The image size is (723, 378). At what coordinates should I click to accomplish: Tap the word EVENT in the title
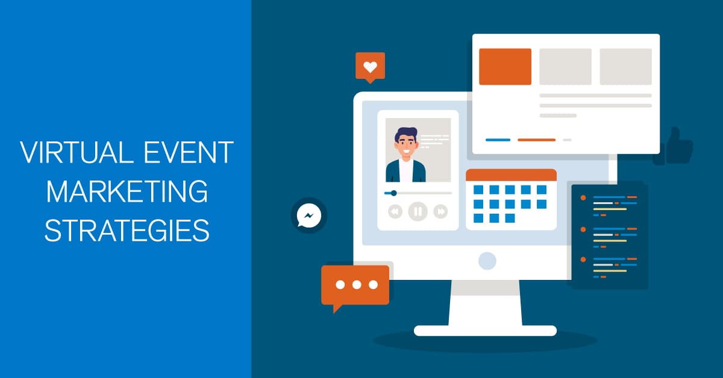189,152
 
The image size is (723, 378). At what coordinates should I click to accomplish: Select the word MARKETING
127,191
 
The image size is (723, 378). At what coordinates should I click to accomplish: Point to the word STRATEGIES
127,231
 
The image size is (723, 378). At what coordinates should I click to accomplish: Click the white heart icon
370,67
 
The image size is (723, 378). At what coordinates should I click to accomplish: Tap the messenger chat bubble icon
309,215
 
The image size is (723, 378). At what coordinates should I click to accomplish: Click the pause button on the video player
418,212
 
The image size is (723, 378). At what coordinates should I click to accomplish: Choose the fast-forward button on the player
440,212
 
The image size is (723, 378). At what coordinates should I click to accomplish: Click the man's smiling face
405,146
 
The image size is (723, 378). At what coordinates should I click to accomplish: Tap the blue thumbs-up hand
674,146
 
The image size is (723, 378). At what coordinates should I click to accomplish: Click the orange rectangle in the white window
505,67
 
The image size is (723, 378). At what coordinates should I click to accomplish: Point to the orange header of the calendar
512,175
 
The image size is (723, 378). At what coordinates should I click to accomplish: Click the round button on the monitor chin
487,261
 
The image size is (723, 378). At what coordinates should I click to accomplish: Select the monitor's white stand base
485,330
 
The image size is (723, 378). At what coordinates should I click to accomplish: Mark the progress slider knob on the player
394,193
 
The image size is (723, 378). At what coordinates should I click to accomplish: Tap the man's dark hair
406,134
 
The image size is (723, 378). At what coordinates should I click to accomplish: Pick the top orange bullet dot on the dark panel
583,197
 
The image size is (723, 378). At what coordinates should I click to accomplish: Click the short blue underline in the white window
498,140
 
